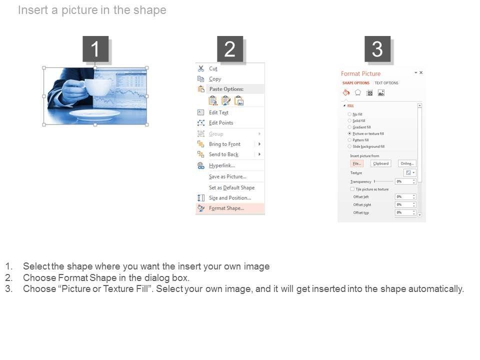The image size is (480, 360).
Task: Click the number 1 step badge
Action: coord(95,49)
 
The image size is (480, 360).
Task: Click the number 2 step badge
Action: coord(229,49)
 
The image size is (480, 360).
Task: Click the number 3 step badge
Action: coord(377,49)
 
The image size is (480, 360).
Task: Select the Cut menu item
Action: coord(213,69)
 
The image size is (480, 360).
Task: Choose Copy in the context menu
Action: coord(215,79)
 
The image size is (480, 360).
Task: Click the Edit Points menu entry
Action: coord(220,123)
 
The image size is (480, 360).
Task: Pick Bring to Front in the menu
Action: coord(224,144)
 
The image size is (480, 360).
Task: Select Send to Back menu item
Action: coord(223,154)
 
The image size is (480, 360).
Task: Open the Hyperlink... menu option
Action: coord(221,165)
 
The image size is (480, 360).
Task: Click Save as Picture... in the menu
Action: coord(227,176)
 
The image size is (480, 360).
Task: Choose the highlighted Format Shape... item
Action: coord(226,208)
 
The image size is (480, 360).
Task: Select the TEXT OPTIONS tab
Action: coord(386,83)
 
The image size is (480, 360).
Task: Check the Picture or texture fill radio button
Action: coord(349,134)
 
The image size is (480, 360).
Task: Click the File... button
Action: coord(356,163)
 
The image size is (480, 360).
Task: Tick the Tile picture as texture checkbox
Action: coord(352,189)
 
